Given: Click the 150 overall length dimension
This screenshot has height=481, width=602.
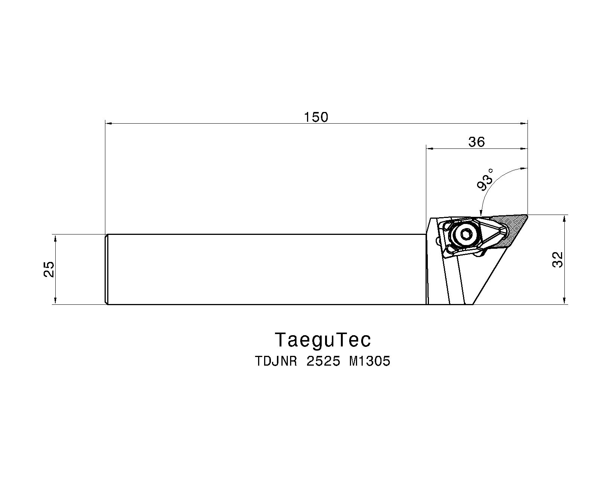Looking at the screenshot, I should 316,117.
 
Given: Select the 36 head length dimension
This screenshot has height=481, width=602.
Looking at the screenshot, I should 476,142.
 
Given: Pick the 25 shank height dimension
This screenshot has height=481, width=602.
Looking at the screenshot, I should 49,269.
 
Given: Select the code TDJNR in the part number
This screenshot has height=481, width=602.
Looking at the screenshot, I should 277,362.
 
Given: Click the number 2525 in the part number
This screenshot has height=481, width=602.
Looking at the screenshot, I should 324,362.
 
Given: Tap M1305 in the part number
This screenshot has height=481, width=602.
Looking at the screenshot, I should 370,362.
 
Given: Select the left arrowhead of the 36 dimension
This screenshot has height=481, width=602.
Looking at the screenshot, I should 430,148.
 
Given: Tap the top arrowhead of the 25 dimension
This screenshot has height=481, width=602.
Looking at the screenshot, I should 55,237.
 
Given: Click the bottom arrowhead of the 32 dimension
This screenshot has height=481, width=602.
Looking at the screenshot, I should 564,301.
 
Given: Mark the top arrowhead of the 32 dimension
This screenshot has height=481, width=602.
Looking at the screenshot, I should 564,218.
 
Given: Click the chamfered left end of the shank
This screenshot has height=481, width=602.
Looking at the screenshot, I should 106,269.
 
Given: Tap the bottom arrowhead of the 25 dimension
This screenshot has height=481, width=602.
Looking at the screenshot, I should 55,301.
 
